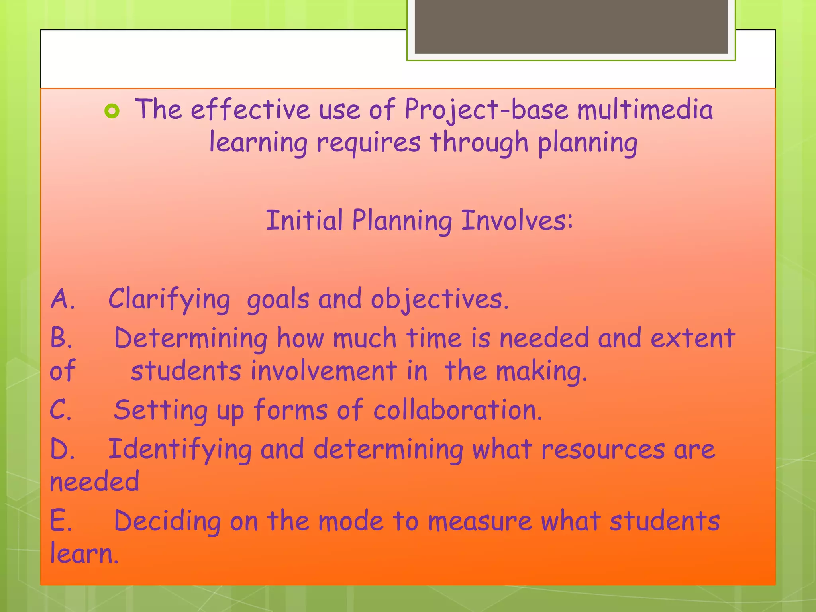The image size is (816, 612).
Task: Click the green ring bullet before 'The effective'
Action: coord(112,111)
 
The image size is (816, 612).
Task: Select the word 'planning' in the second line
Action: coord(588,143)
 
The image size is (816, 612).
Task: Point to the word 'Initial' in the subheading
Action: coord(304,220)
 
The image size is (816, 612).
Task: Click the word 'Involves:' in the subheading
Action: coord(517,220)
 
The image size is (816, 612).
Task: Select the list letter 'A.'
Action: coord(63,299)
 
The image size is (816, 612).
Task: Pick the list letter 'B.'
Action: coord(61,338)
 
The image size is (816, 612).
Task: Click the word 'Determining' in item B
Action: coord(190,338)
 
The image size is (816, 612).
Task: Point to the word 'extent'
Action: coord(692,338)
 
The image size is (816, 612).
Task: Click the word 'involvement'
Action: coord(324,371)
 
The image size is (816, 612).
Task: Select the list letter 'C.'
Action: coord(61,410)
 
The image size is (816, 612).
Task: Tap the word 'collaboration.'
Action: coord(458,410)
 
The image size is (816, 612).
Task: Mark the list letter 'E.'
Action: coord(61,521)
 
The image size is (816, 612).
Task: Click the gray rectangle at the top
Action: coord(571,26)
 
